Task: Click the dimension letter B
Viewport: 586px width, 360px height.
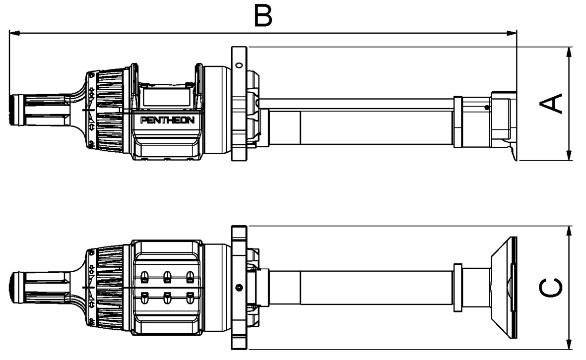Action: click(x=262, y=16)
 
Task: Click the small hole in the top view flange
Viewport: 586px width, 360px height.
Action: click(x=238, y=64)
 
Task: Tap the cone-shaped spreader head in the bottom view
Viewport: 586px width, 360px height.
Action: click(x=503, y=288)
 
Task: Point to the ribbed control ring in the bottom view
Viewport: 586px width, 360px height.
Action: click(x=109, y=288)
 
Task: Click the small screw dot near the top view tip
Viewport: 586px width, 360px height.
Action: click(x=487, y=107)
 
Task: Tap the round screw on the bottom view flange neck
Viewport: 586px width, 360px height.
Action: click(x=240, y=288)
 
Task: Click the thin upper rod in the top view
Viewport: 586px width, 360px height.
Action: click(x=357, y=102)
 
